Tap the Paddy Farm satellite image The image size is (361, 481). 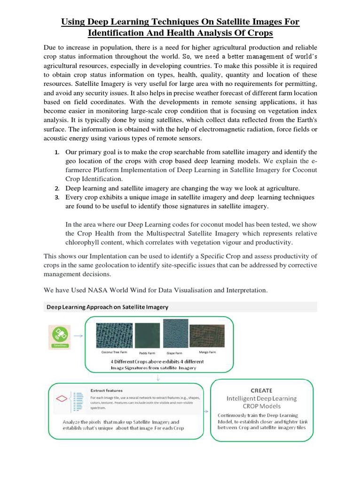[x=147, y=336]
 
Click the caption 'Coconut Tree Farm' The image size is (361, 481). [x=114, y=352]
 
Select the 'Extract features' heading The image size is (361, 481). [x=107, y=390]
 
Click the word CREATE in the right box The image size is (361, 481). [x=261, y=390]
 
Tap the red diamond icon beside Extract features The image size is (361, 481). [x=62, y=399]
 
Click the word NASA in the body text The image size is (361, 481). [x=96, y=290]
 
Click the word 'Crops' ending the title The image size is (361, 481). [x=259, y=33]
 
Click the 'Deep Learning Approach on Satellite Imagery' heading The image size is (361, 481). [x=107, y=307]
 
